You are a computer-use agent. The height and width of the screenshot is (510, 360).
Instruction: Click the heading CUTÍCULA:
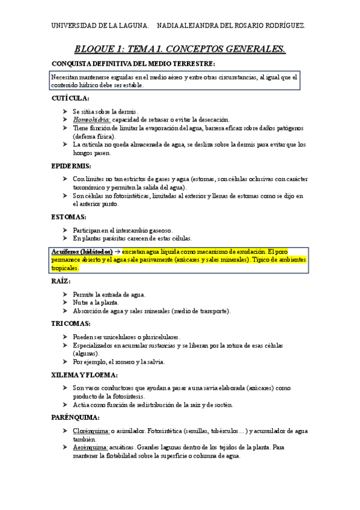pos(71,98)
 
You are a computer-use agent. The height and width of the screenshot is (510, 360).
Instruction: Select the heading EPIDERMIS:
pos(72,165)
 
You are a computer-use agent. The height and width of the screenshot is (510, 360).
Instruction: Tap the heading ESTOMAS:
pos(69,217)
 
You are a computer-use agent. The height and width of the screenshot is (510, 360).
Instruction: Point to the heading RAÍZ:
pos(62,281)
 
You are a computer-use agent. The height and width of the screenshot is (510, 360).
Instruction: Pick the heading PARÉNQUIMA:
pos(76,417)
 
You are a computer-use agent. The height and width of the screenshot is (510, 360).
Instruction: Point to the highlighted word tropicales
pos(65,268)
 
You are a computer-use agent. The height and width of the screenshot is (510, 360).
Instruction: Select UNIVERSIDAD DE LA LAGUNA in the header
pos(99,26)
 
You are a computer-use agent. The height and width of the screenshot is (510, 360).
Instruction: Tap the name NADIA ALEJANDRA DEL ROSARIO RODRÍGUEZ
pos(231,26)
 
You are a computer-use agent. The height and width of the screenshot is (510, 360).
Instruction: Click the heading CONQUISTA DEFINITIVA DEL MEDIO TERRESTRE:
pos(133,64)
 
